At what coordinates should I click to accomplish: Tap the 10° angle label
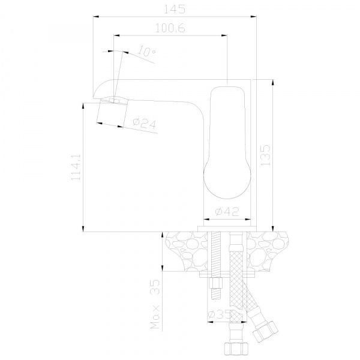146,52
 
